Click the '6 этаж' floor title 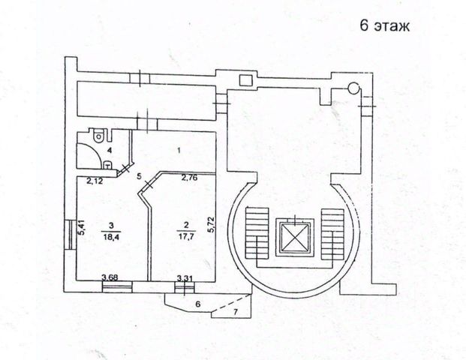(x=383, y=26)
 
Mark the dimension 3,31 (x=184, y=278)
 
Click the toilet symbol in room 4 (x=98, y=138)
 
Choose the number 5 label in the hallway (x=140, y=177)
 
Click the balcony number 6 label (x=198, y=304)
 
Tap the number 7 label (x=235, y=310)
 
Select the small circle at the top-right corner (x=352, y=87)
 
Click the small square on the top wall (x=245, y=80)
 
